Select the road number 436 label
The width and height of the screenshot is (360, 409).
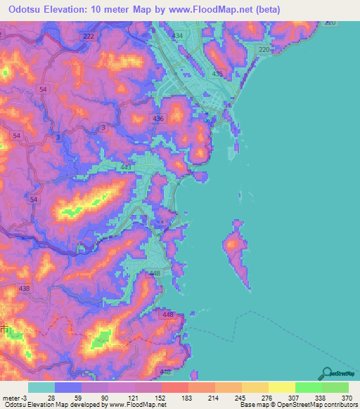point(158,119)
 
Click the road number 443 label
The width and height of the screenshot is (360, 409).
point(127,168)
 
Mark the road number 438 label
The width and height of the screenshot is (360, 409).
point(25,289)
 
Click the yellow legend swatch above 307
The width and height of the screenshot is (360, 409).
point(281,387)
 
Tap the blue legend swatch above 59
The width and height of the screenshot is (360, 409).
point(68,387)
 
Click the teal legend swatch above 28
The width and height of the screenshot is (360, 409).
point(41,387)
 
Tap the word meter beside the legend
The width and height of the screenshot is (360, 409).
point(11,397)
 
